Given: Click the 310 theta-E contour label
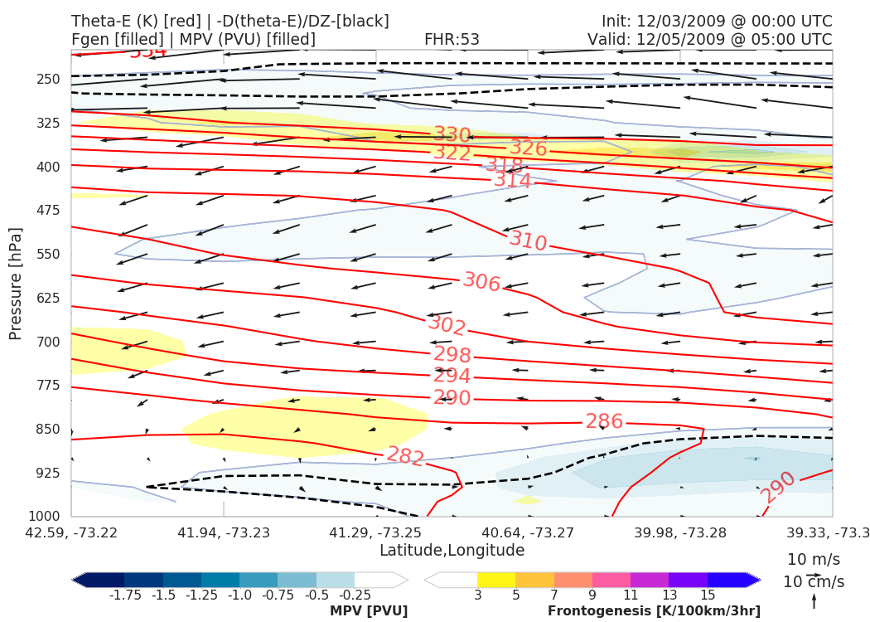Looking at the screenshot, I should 528,241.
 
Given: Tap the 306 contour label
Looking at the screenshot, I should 481,282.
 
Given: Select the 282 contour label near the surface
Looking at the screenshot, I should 406,456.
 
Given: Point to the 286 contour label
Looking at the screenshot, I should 604,421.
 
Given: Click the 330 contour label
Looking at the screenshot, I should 452,134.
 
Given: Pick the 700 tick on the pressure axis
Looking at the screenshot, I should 49,342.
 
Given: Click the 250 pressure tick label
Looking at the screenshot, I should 49,80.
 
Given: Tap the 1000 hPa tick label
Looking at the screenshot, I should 45,517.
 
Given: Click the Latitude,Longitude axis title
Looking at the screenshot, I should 452,550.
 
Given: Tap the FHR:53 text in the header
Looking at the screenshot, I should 452,39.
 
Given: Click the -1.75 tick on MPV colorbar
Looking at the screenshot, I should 124,595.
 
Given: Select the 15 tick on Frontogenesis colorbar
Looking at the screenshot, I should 708,595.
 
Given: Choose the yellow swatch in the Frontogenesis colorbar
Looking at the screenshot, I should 495,580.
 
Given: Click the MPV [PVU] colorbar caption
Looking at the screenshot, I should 369,610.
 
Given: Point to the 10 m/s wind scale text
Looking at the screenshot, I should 813,559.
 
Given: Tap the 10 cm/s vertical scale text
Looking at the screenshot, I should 813,581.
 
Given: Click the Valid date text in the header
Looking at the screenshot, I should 709,39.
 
